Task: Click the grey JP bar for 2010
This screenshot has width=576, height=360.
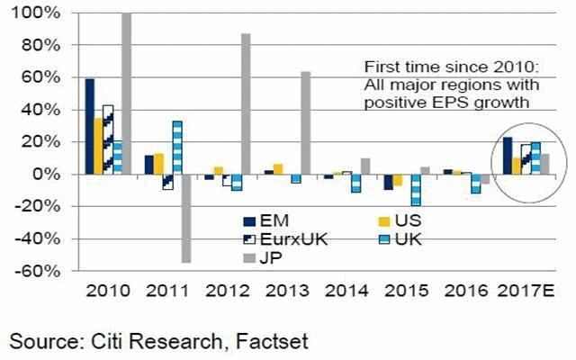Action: pyautogui.click(x=126, y=94)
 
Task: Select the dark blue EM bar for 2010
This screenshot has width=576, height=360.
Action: pyautogui.click(x=90, y=126)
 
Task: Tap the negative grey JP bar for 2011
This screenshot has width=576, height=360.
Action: pyautogui.click(x=186, y=218)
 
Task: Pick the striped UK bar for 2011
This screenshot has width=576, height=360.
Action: pyautogui.click(x=177, y=148)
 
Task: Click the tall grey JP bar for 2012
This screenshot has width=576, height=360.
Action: pyautogui.click(x=246, y=103)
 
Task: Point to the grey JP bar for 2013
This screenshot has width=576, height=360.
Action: pyautogui.click(x=306, y=122)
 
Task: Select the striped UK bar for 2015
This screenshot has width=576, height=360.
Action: pyautogui.click(x=416, y=190)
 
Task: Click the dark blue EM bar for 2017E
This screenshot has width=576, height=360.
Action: pyautogui.click(x=508, y=156)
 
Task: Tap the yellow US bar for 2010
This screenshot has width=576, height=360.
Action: pyautogui.click(x=99, y=146)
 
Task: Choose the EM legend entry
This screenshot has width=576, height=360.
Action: pyautogui.click(x=266, y=221)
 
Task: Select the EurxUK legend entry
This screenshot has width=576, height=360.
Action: pyautogui.click(x=285, y=239)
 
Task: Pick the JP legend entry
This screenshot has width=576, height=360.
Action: pyautogui.click(x=263, y=258)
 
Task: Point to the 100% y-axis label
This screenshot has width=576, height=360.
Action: pyautogui.click(x=36, y=13)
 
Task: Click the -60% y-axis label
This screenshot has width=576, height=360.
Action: pyautogui.click(x=37, y=271)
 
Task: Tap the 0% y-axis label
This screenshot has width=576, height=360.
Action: pyautogui.click(x=47, y=174)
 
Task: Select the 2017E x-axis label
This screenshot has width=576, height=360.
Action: pyautogui.click(x=526, y=291)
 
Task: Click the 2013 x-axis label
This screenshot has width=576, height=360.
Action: pyautogui.click(x=287, y=291)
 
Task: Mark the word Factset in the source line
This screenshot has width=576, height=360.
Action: pyautogui.click(x=272, y=342)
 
